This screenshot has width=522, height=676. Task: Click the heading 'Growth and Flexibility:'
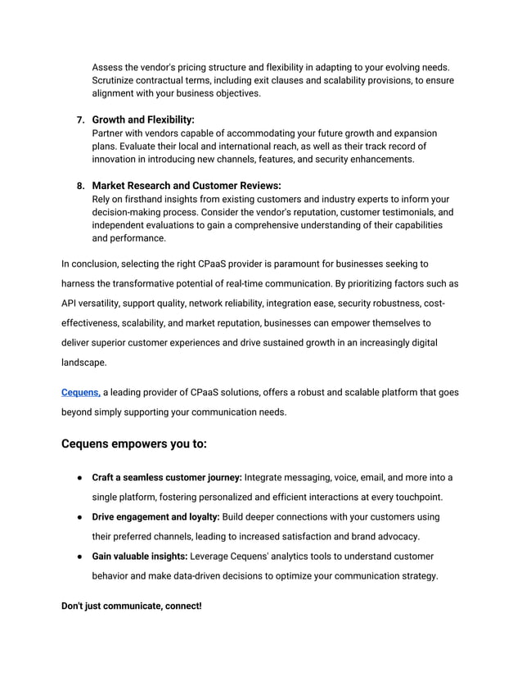click(143, 119)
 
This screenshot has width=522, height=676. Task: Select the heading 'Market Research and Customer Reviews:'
click(187, 186)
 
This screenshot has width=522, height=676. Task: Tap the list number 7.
click(79, 119)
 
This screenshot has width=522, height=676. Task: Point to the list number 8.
click(79, 186)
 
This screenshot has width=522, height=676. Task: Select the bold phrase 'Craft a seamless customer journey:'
click(167, 477)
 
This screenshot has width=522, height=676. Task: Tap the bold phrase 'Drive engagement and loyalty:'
click(156, 517)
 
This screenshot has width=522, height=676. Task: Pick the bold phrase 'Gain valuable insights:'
click(139, 557)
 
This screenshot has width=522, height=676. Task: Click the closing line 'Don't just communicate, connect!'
click(132, 606)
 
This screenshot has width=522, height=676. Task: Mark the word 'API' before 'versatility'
click(70, 304)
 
